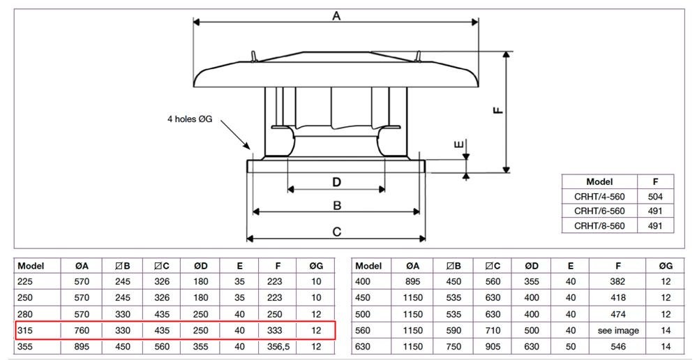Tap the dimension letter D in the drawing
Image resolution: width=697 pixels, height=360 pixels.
pyautogui.click(x=336, y=182)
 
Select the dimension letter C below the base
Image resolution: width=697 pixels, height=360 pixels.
pyautogui.click(x=337, y=232)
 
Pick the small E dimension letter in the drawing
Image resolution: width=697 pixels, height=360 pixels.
pyautogui.click(x=460, y=144)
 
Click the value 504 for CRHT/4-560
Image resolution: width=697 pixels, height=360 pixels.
pyautogui.click(x=655, y=197)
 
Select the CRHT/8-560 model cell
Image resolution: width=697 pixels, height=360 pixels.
pyautogui.click(x=599, y=226)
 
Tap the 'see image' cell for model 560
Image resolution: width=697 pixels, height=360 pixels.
pyautogui.click(x=618, y=331)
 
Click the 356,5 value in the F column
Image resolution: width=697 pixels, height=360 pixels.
pyautogui.click(x=278, y=347)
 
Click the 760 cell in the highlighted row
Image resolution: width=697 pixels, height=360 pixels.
pyautogui.click(x=82, y=330)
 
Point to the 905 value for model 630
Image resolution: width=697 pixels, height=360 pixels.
pyautogui.click(x=493, y=347)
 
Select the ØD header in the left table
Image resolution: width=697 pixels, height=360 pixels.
pyautogui.click(x=201, y=267)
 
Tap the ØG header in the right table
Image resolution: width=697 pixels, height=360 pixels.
pyautogui.click(x=666, y=267)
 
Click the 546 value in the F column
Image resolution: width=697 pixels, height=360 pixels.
pyautogui.click(x=618, y=347)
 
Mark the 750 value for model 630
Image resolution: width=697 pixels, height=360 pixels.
pyautogui.click(x=454, y=347)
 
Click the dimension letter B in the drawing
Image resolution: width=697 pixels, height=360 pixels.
pyautogui.click(x=337, y=206)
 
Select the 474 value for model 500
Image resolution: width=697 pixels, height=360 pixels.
pyautogui.click(x=618, y=314)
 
